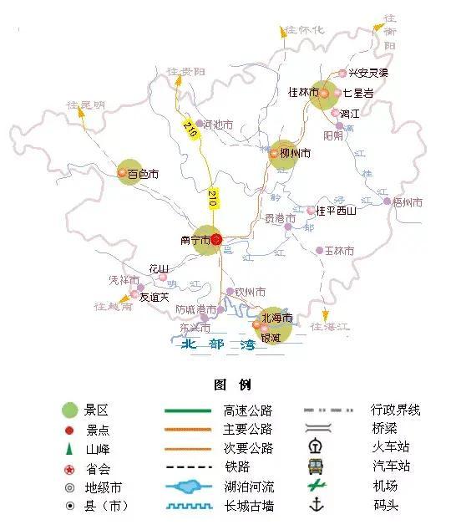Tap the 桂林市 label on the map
point(303,93)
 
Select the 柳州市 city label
point(295,154)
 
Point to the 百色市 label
point(143,175)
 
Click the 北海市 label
point(277,319)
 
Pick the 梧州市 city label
point(408,202)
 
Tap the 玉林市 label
point(339,251)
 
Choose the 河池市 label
point(218,125)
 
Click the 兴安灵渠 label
point(368,74)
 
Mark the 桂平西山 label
point(337,211)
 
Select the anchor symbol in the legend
point(317,505)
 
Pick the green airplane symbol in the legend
point(316,486)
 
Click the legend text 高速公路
point(248,410)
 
